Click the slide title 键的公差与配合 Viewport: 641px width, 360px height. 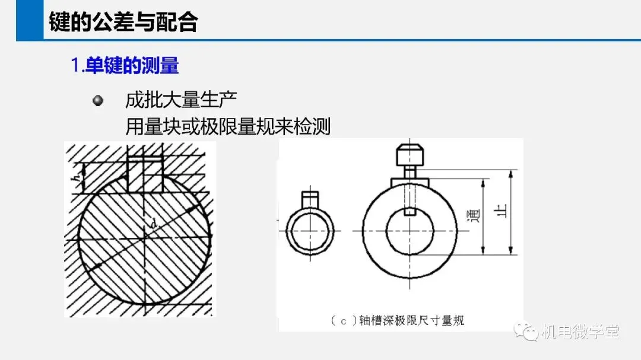[x=123, y=22]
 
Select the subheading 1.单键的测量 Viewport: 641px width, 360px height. [x=125, y=65]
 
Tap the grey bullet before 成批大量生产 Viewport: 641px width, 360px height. [x=98, y=100]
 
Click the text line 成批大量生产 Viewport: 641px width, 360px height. [x=181, y=100]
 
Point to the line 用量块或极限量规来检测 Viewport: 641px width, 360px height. [x=228, y=126]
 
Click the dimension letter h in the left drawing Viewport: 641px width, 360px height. [x=76, y=178]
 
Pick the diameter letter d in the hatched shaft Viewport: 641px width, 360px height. [x=154, y=224]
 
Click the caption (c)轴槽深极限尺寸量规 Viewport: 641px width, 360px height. [x=397, y=321]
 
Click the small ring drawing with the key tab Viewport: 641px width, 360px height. [x=310, y=224]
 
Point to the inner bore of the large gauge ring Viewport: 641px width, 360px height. [x=410, y=231]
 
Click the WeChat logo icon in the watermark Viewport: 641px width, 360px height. [x=526, y=331]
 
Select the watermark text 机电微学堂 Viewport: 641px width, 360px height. [x=580, y=332]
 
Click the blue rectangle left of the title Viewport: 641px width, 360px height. [x=30, y=20]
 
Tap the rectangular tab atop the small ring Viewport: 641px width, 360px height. [x=310, y=200]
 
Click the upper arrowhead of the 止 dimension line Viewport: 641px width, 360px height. [x=510, y=175]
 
